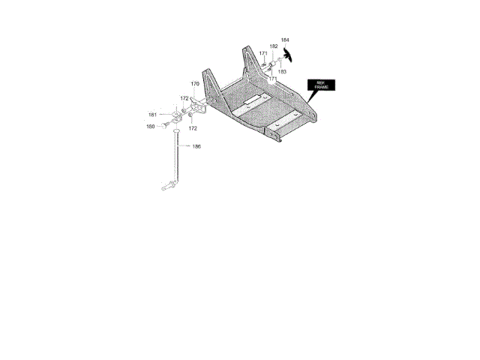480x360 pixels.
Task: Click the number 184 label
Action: (285, 39)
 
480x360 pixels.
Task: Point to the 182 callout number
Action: (274, 46)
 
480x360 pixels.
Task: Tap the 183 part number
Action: (282, 72)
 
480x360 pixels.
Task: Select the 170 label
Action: (195, 84)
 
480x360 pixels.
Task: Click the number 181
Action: (152, 115)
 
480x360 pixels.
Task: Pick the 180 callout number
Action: (150, 127)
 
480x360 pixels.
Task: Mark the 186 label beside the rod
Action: (196, 146)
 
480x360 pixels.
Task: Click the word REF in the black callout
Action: (320, 82)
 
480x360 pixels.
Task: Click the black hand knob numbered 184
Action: (289, 53)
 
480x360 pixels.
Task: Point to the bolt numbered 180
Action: (163, 122)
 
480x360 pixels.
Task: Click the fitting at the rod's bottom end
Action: (169, 184)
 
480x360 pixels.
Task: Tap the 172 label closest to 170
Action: (184, 98)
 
